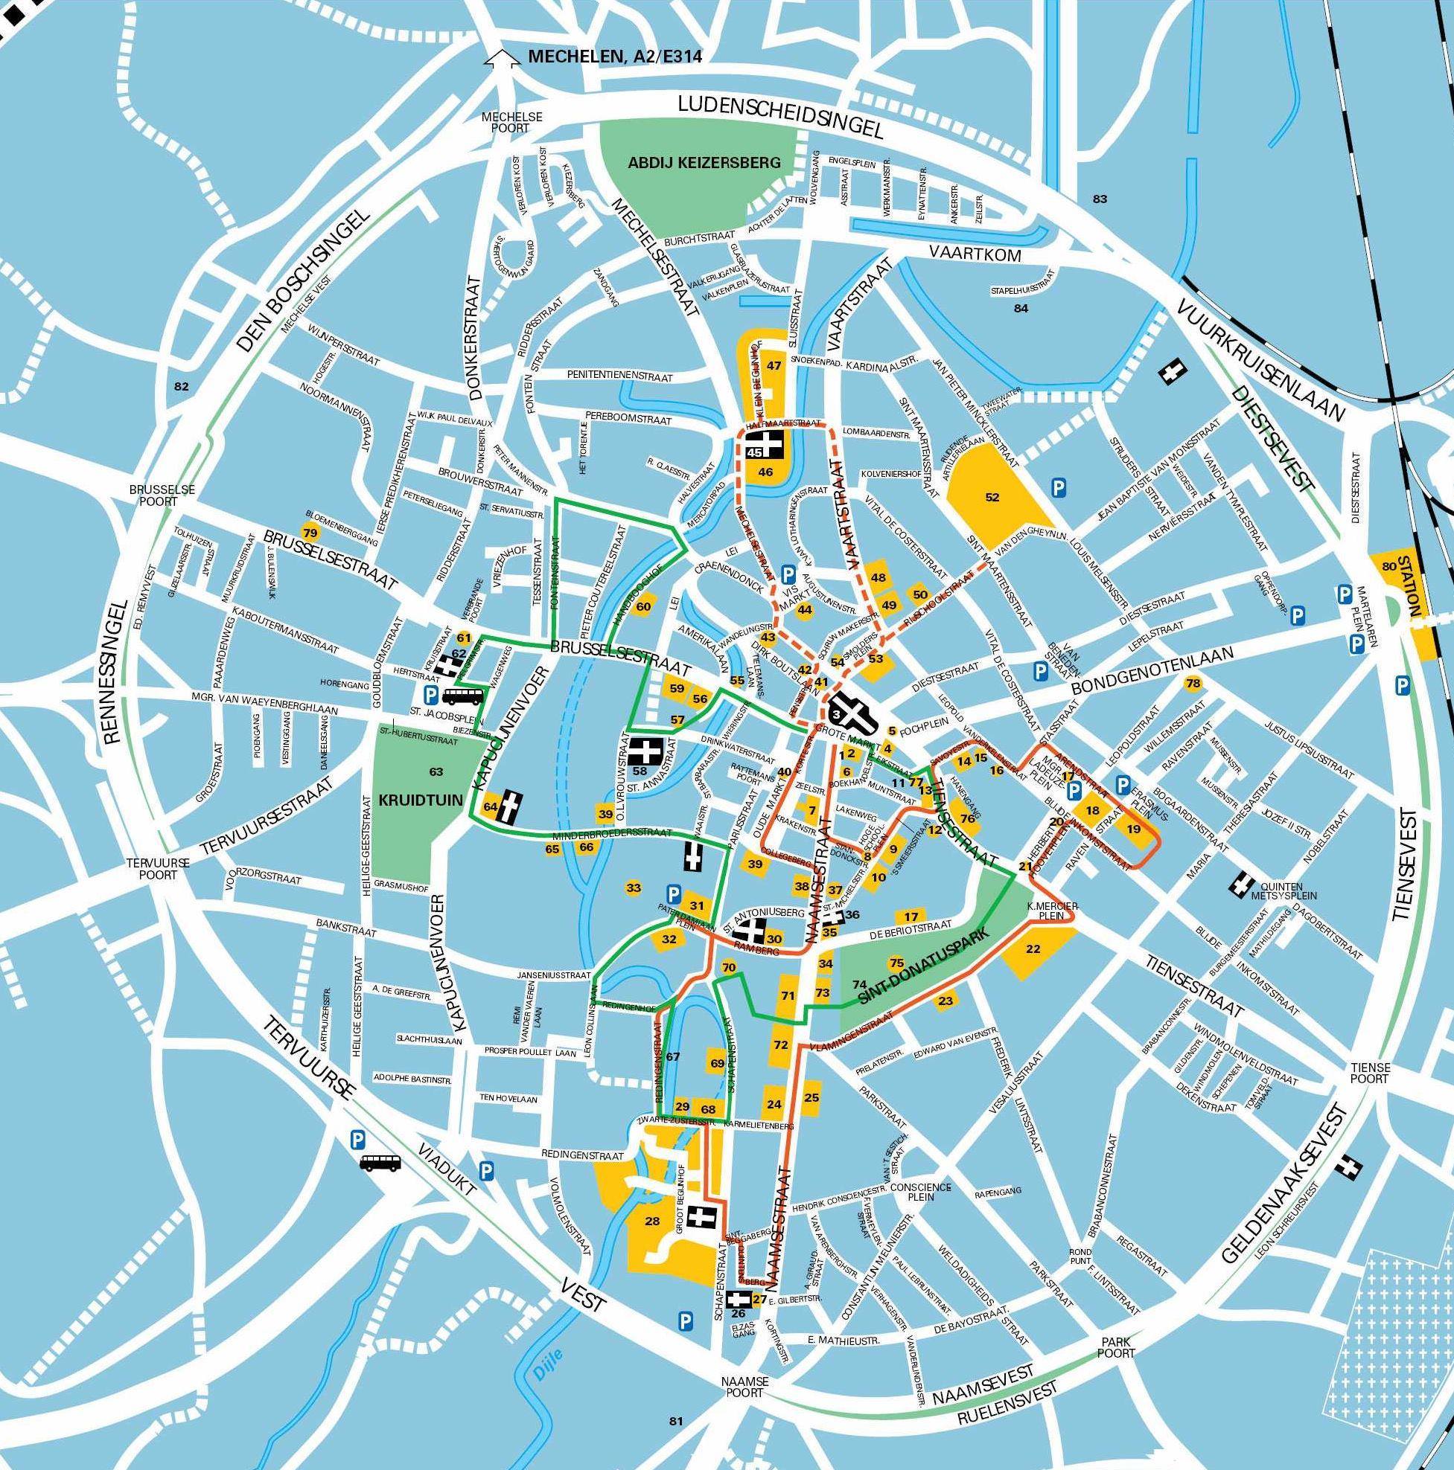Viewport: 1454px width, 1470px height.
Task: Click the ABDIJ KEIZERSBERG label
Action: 704,162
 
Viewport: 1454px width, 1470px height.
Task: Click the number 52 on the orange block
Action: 992,498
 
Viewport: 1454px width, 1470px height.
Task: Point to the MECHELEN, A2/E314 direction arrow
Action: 500,59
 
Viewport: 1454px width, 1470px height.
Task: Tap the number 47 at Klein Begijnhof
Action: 774,365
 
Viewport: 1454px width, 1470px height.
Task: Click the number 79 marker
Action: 309,531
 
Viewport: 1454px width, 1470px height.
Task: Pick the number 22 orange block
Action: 1033,949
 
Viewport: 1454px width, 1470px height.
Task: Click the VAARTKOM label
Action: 975,256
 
